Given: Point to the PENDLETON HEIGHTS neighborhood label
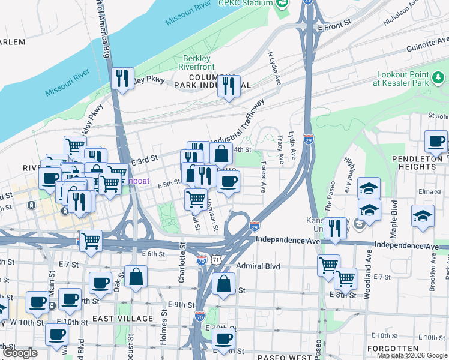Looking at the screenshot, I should pos(420,164).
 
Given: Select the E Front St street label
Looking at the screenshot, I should pos(334,27).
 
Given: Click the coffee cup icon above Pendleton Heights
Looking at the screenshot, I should pos(436,142).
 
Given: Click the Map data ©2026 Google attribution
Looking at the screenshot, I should pos(412,355).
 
